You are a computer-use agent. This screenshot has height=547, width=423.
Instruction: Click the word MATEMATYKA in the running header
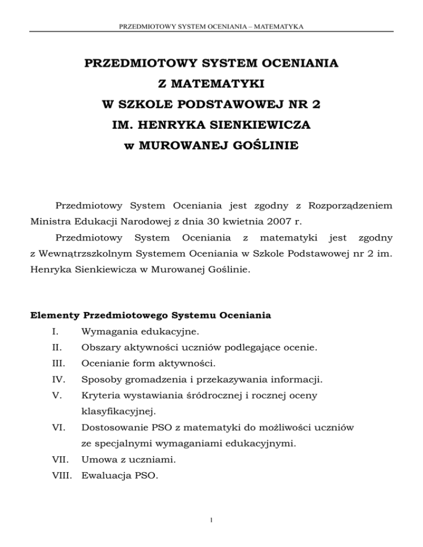click(x=280, y=26)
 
